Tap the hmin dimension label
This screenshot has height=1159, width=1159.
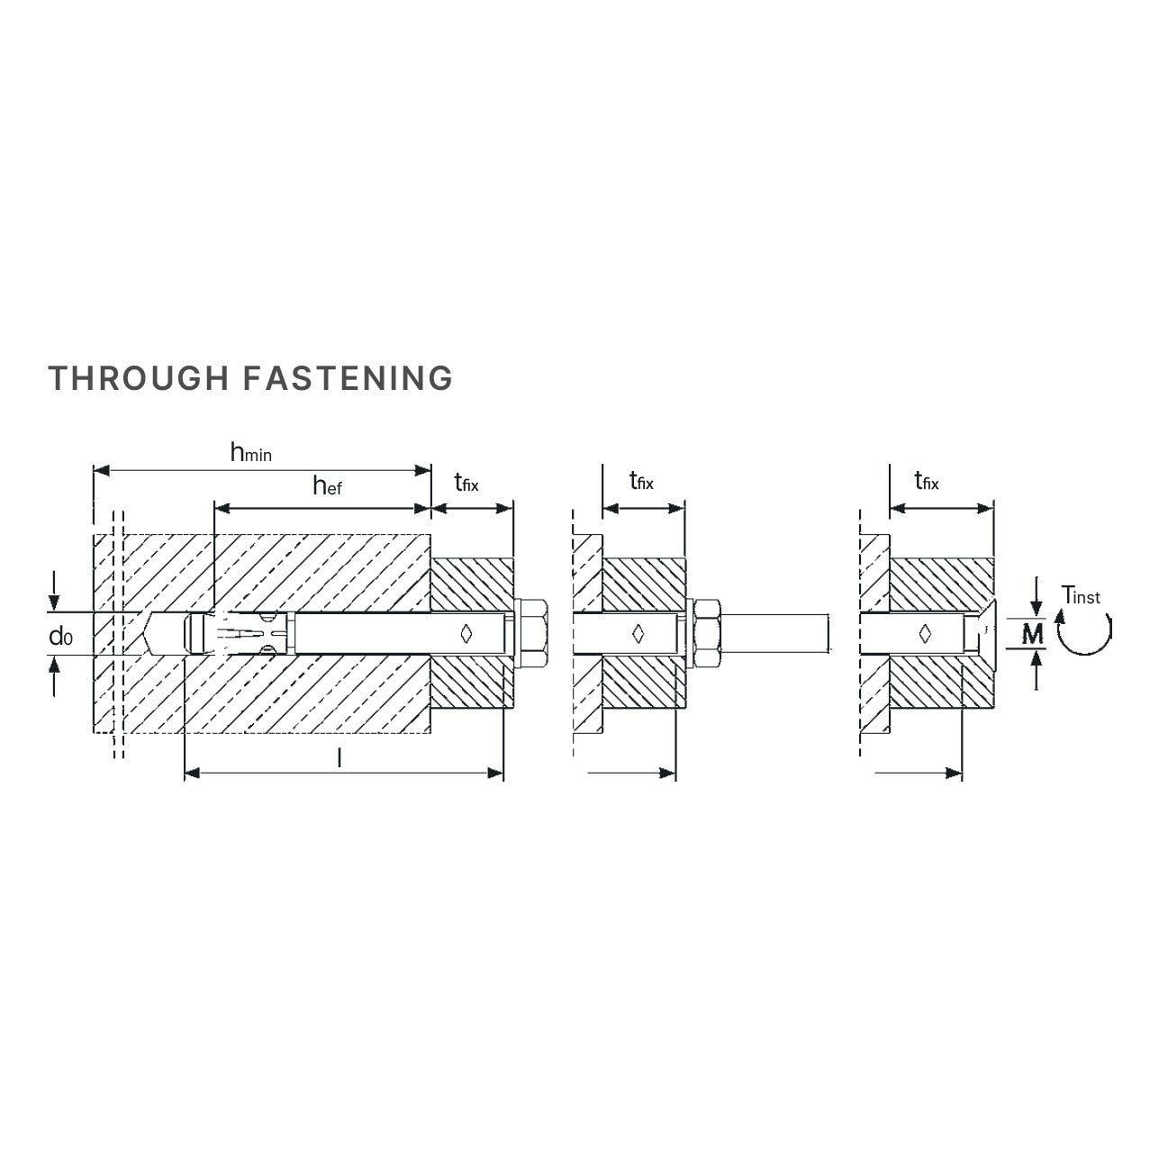coord(251,453)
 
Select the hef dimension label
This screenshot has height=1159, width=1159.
coord(328,486)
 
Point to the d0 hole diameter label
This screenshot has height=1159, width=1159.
coord(60,637)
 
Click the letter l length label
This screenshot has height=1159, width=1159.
coord(339,757)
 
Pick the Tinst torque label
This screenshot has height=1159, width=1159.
coord(1081,595)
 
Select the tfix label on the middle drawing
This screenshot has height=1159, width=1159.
coord(641,481)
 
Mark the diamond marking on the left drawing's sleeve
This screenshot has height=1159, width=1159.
coord(466,633)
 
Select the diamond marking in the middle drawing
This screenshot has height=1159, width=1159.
coord(638,633)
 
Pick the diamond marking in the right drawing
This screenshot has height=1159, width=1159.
coord(924,633)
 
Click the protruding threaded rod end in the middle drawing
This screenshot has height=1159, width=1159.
coord(776,633)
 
